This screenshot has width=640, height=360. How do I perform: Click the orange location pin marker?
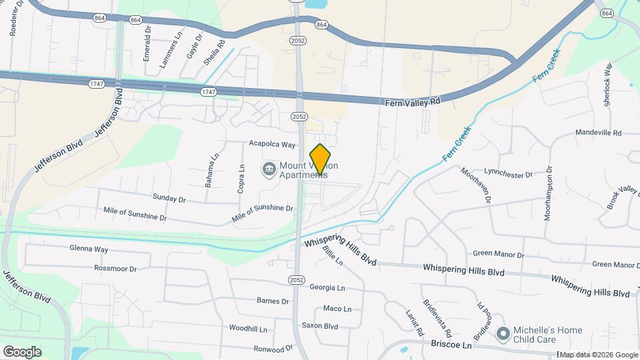(x=321, y=159)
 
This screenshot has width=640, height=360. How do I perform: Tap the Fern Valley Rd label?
(x=413, y=102)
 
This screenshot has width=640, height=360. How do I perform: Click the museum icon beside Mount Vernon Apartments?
(x=269, y=169)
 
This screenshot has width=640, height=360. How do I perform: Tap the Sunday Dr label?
(x=169, y=199)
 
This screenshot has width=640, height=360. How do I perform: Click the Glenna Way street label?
(x=89, y=249)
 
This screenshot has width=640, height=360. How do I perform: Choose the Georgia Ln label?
(x=327, y=287)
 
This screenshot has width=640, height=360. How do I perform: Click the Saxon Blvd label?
(x=320, y=326)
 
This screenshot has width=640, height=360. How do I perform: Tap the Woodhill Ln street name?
(x=248, y=329)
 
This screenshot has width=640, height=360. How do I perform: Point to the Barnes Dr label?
(x=273, y=301)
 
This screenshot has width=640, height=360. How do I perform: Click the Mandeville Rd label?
(x=598, y=133)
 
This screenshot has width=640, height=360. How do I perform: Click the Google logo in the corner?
(x=23, y=351)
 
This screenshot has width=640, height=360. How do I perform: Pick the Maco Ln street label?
(x=337, y=309)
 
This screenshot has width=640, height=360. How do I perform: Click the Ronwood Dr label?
(x=273, y=348)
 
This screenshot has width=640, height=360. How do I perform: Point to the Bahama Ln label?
(x=211, y=170)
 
